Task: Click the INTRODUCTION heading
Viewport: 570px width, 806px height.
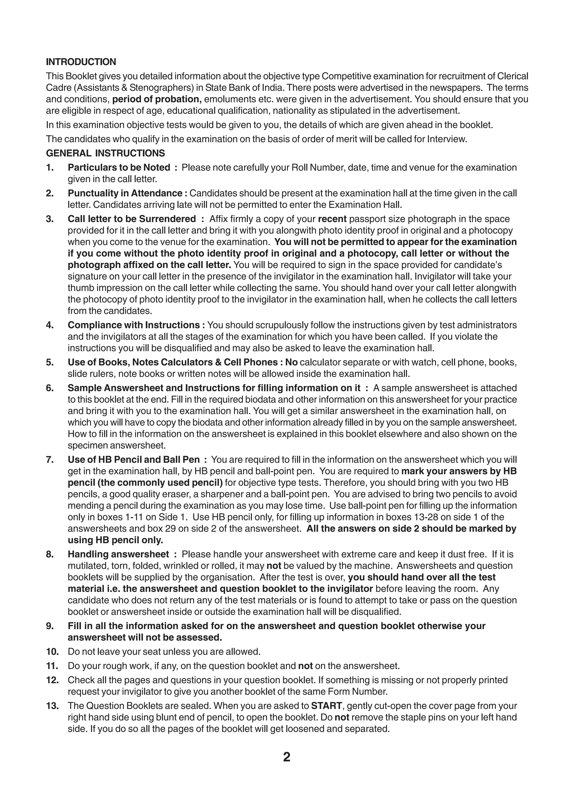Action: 81,62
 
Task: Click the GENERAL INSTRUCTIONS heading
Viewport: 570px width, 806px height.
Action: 105,153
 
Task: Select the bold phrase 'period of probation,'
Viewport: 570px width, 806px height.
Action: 157,99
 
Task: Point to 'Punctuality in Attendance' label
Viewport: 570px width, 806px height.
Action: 125,193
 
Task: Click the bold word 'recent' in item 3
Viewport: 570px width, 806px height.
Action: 332,219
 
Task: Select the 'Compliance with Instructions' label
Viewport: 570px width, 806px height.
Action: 134,325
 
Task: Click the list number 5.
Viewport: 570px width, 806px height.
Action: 50,362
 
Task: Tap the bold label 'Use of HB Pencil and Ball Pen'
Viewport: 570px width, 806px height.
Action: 133,459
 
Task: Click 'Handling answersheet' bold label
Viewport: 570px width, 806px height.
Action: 118,554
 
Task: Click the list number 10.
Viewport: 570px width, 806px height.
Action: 52,652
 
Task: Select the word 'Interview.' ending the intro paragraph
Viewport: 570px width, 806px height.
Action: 447,139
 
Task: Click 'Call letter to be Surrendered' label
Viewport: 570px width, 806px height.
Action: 132,219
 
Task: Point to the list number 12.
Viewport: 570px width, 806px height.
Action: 52,680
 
